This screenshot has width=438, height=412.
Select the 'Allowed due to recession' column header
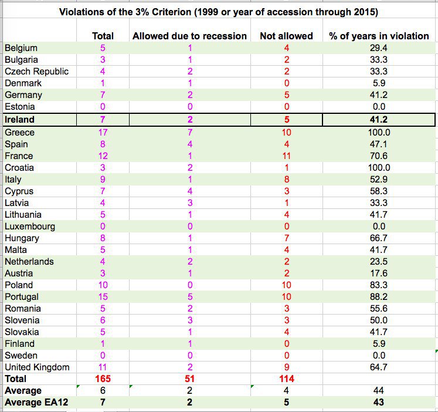click(x=189, y=36)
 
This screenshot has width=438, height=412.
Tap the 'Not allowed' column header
click(x=286, y=36)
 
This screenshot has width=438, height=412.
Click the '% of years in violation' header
click(x=379, y=36)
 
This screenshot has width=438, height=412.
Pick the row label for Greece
click(x=19, y=133)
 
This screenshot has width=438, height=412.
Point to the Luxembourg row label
click(x=30, y=227)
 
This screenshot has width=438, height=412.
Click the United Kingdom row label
click(x=37, y=367)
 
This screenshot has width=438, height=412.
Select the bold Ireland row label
click(x=19, y=120)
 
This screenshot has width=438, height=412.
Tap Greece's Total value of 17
click(x=103, y=133)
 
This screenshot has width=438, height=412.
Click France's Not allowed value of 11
click(x=287, y=156)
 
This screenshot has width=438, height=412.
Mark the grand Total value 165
click(x=103, y=379)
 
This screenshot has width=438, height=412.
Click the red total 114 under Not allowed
click(x=287, y=379)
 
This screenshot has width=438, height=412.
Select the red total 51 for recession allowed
click(x=189, y=379)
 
